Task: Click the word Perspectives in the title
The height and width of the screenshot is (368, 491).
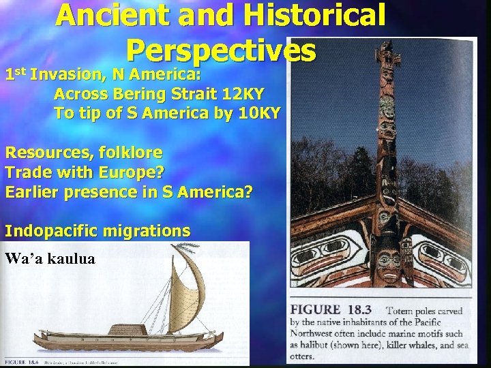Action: click(221, 50)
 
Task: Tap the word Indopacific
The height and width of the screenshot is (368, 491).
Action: click(52, 231)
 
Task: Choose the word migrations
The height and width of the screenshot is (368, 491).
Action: click(147, 231)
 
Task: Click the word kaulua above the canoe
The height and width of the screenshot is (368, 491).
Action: click(71, 259)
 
